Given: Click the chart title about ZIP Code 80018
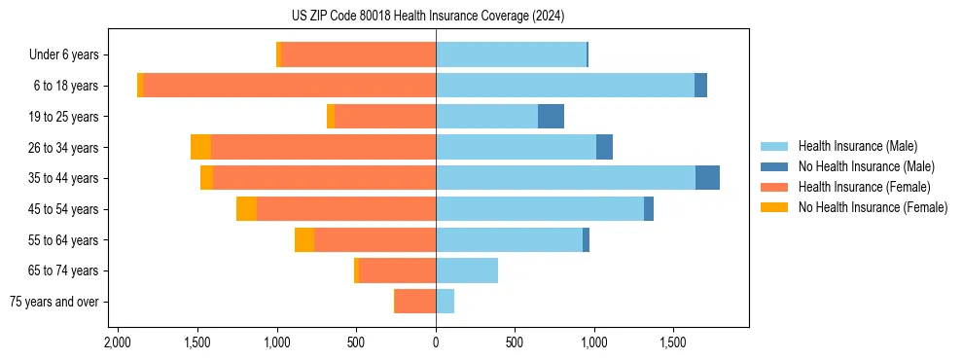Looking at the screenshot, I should pos(427,17).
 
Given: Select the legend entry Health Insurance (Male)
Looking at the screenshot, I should pos(857,146).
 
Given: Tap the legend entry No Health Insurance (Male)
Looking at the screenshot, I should pos(866,166).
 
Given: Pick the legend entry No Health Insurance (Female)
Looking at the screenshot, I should pos(873,207).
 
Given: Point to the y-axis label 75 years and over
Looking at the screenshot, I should pos(53,302).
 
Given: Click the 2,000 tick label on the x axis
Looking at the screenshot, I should pos(117,342).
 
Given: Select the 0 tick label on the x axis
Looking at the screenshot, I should pos(436,342).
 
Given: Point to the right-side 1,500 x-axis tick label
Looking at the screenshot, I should pos(674,342).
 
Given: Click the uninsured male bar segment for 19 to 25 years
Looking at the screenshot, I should pos(551,117).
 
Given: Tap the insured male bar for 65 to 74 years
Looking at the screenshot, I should pos(467,270).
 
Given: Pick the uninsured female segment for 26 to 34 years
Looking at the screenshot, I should pos(200,147).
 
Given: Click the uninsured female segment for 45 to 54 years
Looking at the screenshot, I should pos(246,209).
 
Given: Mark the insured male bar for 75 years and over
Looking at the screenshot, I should pos(445,302).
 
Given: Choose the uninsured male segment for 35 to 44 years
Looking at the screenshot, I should pos(707,178).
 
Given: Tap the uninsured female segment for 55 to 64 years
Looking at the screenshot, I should pos(304,239).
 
